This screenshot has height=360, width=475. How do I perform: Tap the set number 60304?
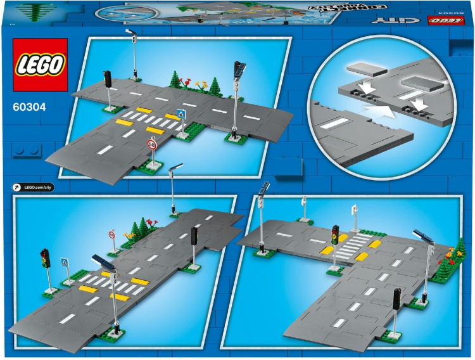point(29,107)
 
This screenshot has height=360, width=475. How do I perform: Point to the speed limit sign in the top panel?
point(151,145)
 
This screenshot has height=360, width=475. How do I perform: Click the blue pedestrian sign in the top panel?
point(182,115)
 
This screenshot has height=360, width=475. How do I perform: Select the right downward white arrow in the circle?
point(415,101)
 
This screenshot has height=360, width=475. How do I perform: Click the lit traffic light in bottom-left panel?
point(44,257)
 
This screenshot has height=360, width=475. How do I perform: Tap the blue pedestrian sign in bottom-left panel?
point(64,262)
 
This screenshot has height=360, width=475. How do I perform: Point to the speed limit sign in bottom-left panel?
point(111,235)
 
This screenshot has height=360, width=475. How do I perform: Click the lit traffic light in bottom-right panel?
point(335,234)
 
